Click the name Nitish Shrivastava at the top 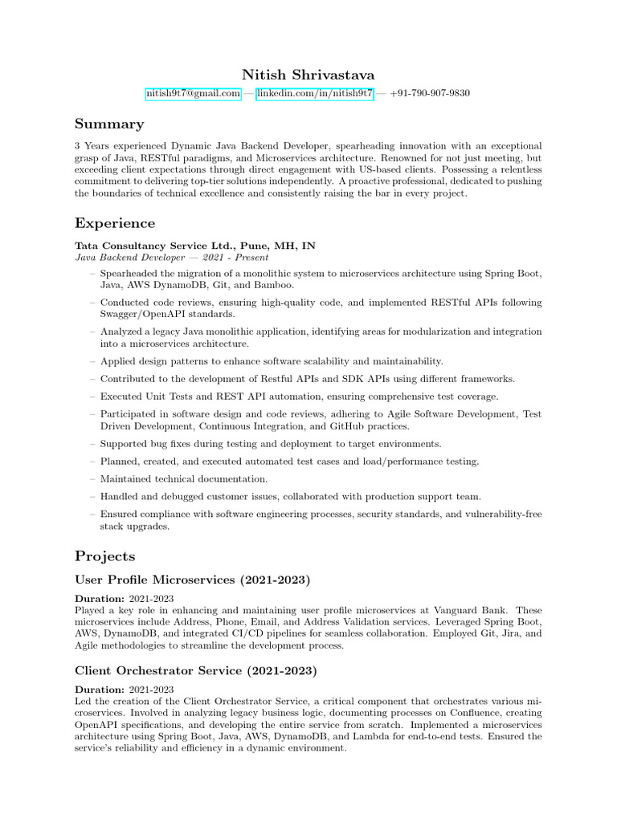pyautogui.click(x=308, y=74)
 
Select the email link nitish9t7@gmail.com pyautogui.click(x=193, y=94)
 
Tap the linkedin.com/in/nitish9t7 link pyautogui.click(x=315, y=94)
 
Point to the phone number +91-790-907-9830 pyautogui.click(x=430, y=94)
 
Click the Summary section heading pyautogui.click(x=109, y=124)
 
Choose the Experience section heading pyautogui.click(x=115, y=223)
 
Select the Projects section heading pyautogui.click(x=105, y=556)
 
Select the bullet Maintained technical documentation pyautogui.click(x=173, y=479)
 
